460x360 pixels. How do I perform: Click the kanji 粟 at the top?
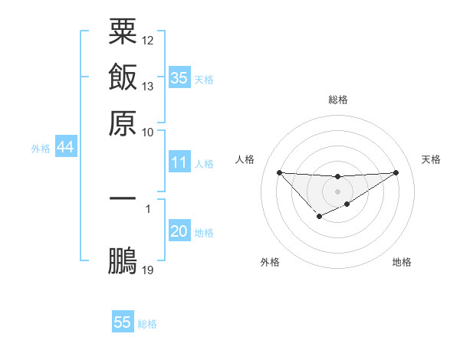(123, 33)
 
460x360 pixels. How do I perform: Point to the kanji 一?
(123, 198)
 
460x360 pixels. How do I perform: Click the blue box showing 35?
(179, 77)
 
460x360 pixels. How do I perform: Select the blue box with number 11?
(179, 162)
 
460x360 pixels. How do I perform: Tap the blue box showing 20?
(179, 231)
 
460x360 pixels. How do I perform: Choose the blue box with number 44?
(65, 147)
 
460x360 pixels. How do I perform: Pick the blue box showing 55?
(123, 322)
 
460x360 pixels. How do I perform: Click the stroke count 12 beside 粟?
(148, 40)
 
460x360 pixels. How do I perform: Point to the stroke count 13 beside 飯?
(148, 86)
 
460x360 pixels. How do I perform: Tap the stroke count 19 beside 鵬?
(148, 270)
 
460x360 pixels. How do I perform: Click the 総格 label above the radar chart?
(337, 100)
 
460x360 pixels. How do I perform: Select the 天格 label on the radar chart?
(432, 159)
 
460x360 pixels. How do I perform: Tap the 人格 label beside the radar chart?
(245, 159)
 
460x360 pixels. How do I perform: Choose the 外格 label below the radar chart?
(270, 262)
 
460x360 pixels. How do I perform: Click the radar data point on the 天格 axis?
(396, 172)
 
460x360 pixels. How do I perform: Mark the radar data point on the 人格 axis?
(279, 172)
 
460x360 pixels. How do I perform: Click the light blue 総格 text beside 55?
(147, 324)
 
